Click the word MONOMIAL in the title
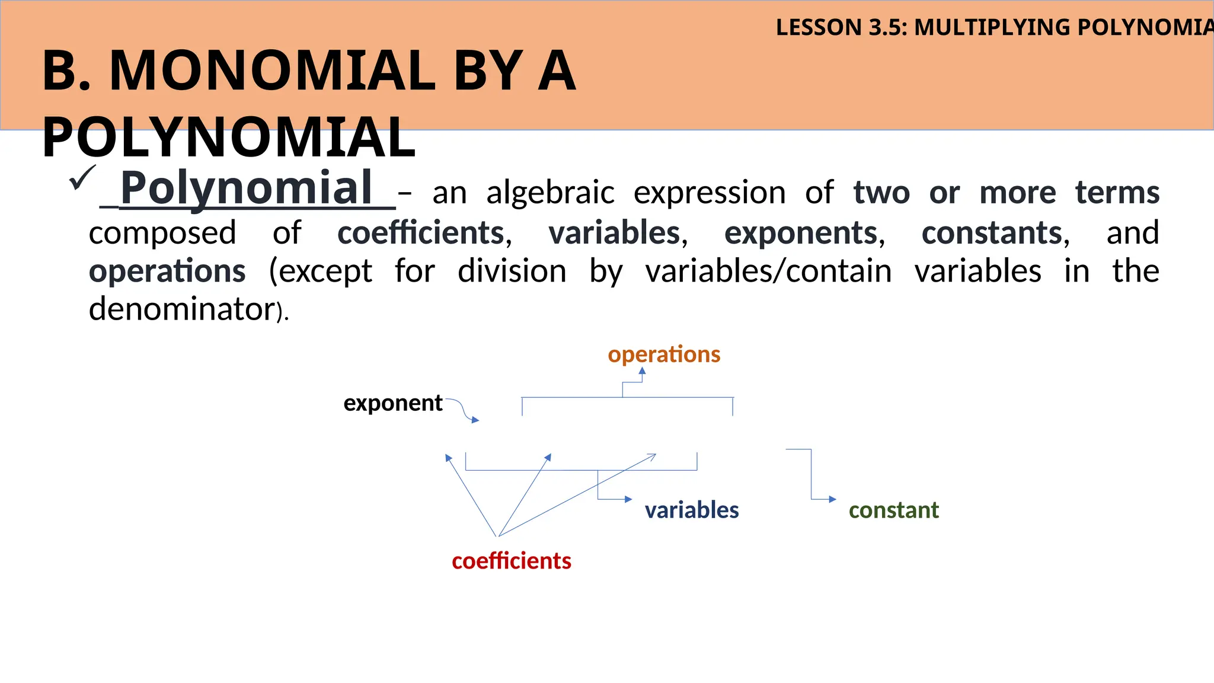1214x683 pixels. click(x=273, y=71)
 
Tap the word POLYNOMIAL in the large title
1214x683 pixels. click(x=229, y=138)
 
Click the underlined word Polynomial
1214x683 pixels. click(x=247, y=188)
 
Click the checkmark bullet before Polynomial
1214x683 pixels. click(x=82, y=178)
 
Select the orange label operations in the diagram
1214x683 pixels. click(x=664, y=355)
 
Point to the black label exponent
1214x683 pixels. click(x=392, y=403)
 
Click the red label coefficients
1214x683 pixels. click(x=511, y=561)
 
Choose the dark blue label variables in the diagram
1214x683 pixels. click(x=691, y=510)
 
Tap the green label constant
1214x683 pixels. click(x=893, y=510)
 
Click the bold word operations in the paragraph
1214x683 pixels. click(x=167, y=272)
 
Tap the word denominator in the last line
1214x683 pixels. click(x=181, y=309)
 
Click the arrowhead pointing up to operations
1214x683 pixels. click(x=642, y=371)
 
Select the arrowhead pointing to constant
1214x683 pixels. click(x=832, y=499)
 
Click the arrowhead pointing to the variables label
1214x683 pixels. click(x=628, y=499)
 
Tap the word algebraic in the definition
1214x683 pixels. click(x=550, y=193)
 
